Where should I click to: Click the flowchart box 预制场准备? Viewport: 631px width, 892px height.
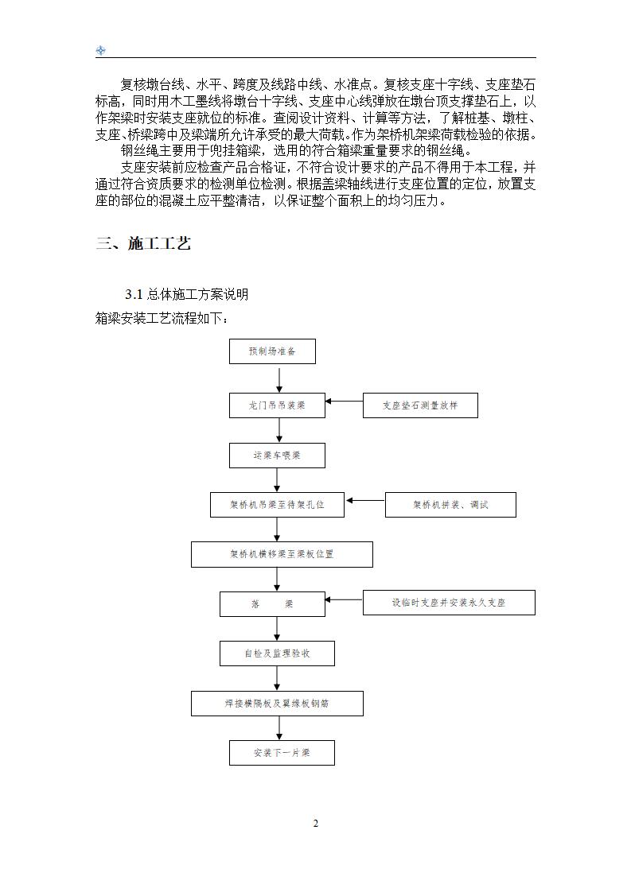[272, 351]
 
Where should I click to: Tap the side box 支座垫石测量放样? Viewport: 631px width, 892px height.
[420, 405]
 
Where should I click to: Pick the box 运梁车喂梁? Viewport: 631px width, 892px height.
[277, 456]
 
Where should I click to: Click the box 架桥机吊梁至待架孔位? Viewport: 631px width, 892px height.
[277, 505]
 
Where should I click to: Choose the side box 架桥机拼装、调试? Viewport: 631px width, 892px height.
[450, 505]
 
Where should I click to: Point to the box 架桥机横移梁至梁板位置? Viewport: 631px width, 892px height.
[282, 554]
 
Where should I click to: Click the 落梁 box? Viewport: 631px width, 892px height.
[272, 604]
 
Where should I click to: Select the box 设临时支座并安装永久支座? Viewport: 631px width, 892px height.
[449, 603]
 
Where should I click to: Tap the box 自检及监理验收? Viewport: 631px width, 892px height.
[277, 653]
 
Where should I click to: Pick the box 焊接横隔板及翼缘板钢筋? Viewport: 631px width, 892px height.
[277, 704]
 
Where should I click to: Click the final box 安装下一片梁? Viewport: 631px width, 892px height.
[282, 753]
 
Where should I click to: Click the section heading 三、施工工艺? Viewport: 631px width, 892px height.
[143, 244]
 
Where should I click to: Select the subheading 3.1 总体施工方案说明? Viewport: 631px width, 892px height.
[186, 295]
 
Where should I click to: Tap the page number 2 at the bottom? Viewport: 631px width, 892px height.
[315, 823]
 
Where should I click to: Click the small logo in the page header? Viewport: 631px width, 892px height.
[101, 51]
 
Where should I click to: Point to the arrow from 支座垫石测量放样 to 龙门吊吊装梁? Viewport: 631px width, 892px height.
[344, 401]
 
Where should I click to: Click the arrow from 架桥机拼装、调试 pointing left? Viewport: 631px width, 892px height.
[365, 501]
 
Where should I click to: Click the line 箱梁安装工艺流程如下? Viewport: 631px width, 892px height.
[162, 319]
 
